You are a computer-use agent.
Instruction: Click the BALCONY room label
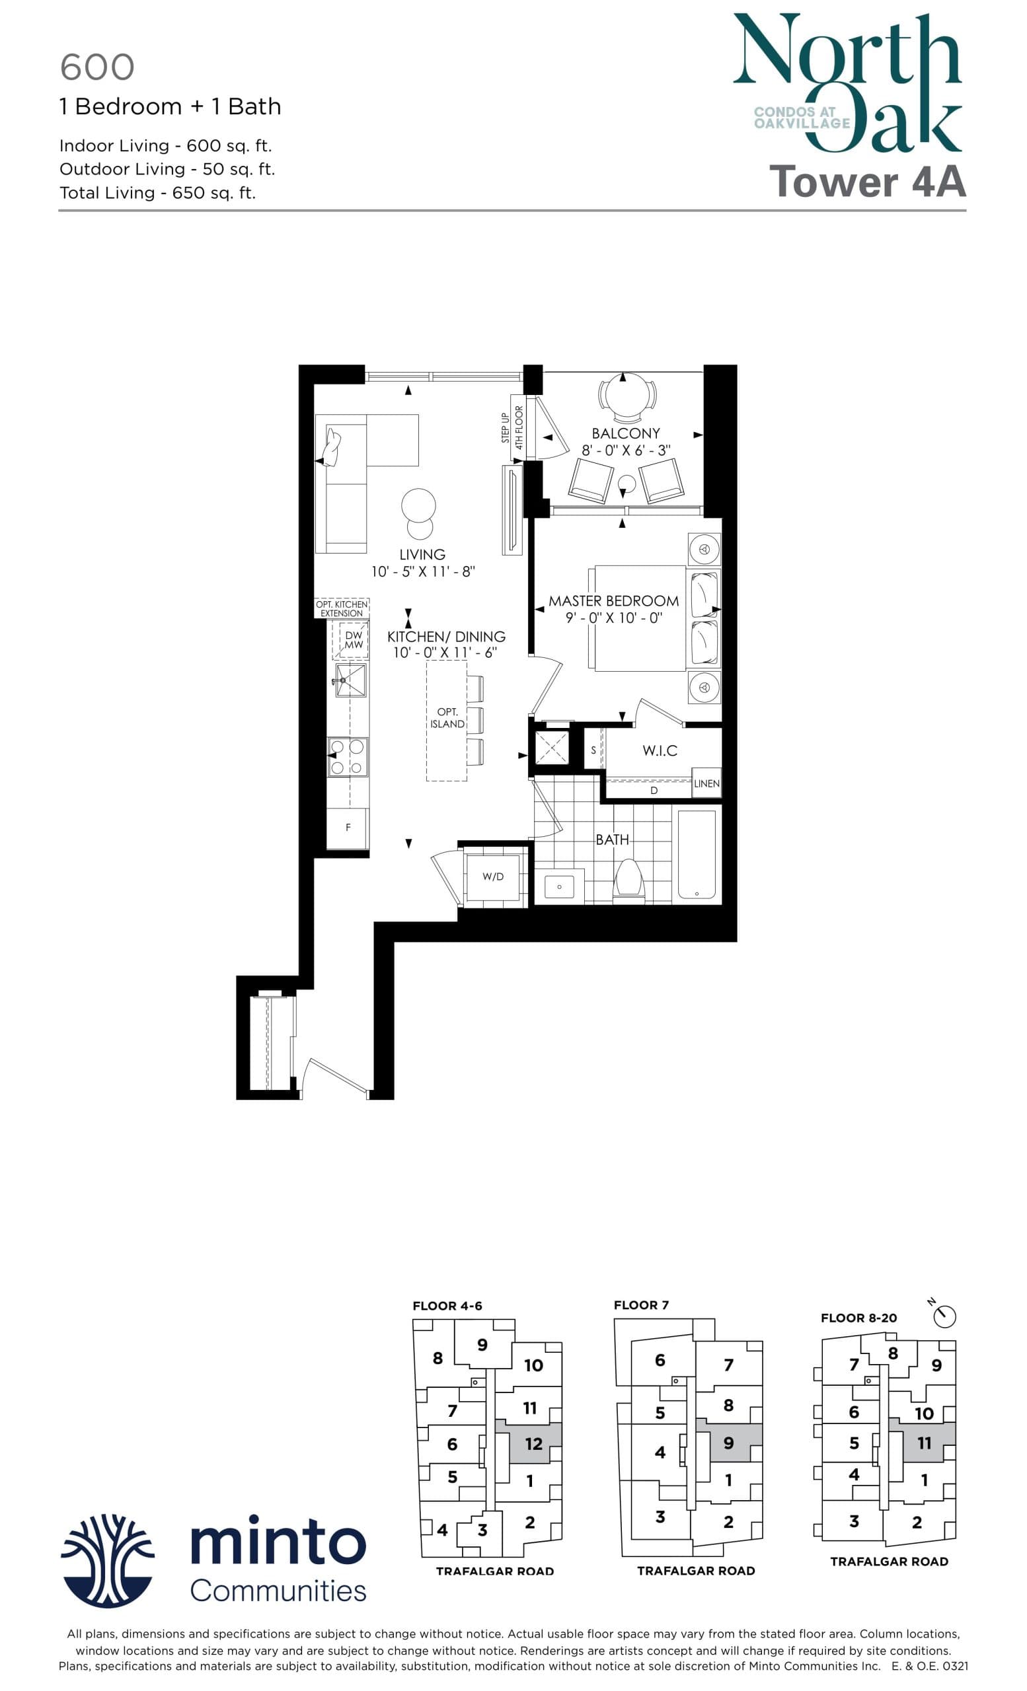click(625, 434)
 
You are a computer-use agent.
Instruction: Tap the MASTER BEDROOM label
click(613, 601)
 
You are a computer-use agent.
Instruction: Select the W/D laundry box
click(493, 877)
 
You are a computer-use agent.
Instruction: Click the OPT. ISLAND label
click(447, 718)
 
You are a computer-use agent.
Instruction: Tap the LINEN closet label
click(706, 783)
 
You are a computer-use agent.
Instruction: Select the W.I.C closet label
click(660, 751)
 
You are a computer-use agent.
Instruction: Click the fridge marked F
click(348, 828)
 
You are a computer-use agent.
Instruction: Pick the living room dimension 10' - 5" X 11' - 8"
click(423, 571)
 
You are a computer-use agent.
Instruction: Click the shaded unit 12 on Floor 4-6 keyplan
click(533, 1444)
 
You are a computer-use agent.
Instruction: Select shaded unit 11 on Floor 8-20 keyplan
click(924, 1443)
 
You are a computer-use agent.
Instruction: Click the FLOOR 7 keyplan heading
click(640, 1305)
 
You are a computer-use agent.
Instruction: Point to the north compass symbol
click(944, 1316)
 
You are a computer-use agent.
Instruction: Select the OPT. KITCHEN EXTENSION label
click(342, 609)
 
